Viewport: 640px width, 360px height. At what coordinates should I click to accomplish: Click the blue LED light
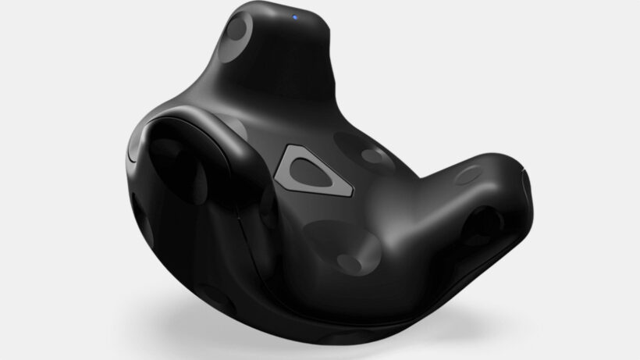point(297,16)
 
